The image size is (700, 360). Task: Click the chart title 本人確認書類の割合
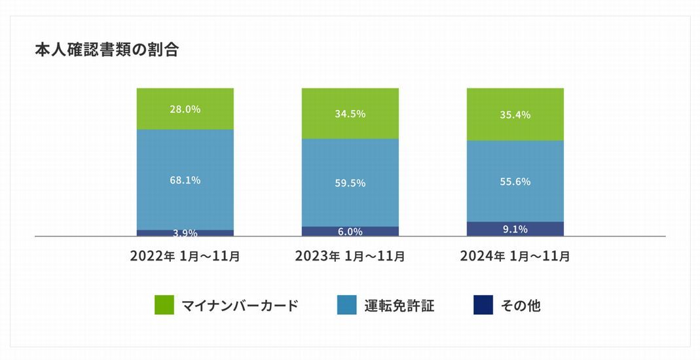click(x=107, y=50)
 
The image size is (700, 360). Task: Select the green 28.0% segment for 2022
click(x=185, y=109)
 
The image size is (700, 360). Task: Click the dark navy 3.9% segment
click(x=185, y=233)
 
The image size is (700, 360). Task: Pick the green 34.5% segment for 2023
click(x=350, y=113)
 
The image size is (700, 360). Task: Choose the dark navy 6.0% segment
click(x=350, y=231)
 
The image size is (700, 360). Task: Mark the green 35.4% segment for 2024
click(x=515, y=115)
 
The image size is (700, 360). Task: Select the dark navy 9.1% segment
click(x=515, y=229)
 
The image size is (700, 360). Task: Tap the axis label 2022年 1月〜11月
click(x=185, y=256)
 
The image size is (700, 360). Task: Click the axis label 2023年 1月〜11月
click(x=350, y=256)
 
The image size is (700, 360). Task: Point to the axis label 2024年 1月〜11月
click(x=515, y=256)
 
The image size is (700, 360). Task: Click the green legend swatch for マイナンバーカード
click(x=164, y=305)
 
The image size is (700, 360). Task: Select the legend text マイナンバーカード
click(x=240, y=306)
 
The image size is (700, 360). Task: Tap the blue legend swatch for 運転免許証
click(x=346, y=305)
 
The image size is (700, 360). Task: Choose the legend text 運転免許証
click(x=399, y=306)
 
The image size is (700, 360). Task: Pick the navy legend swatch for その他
click(x=483, y=305)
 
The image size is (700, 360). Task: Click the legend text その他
click(x=521, y=306)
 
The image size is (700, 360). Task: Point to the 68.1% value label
click(x=185, y=180)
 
